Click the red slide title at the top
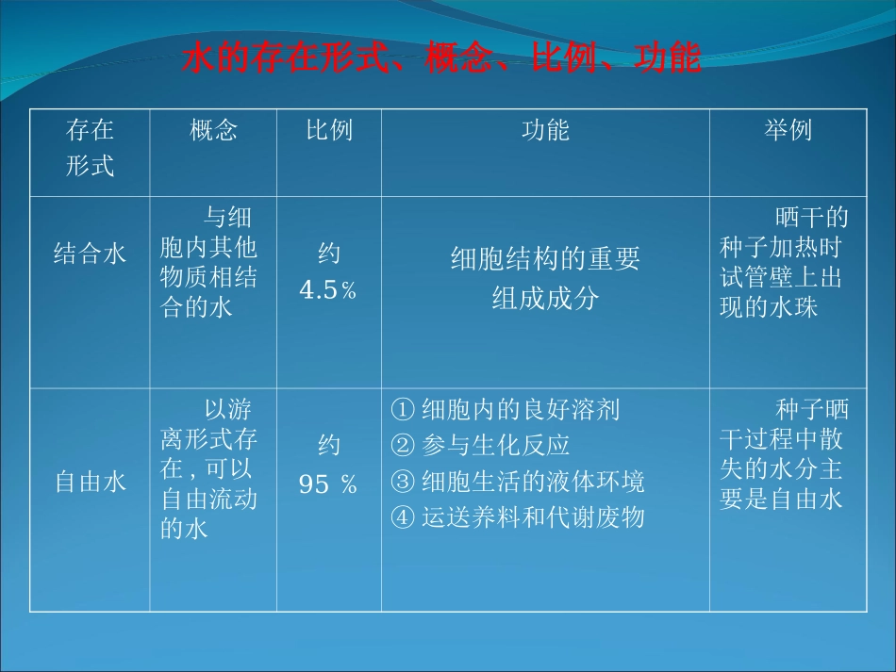coord(441,59)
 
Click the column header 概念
coord(213,130)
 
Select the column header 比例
coord(328,130)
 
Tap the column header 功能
coord(545,130)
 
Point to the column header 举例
coord(788,130)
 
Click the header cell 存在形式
coord(90,148)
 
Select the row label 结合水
coord(90,254)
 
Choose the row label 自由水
coord(90,483)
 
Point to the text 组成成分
coord(545,298)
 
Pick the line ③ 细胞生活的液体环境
coord(517,482)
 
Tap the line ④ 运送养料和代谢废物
coord(517,517)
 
